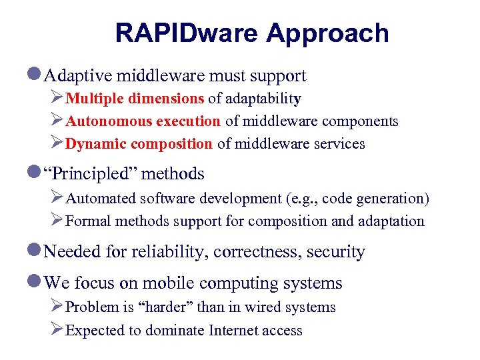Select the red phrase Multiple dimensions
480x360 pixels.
tap(135, 99)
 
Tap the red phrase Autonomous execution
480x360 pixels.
tap(143, 121)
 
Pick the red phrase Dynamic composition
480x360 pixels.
tap(139, 144)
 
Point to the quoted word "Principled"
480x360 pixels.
tap(90, 174)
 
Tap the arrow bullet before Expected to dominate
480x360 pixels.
tap(57, 330)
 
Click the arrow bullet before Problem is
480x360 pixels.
tap(57, 307)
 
